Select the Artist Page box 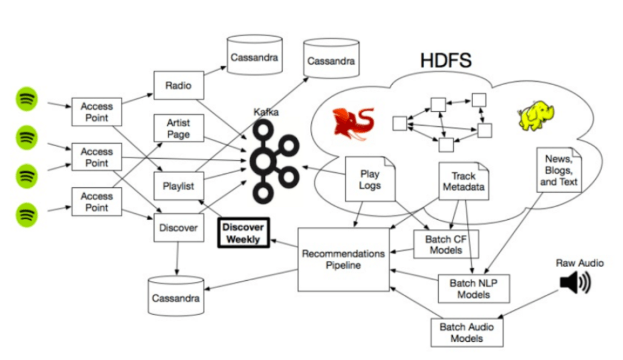click(178, 129)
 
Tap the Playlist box click(178, 185)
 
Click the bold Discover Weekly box click(243, 233)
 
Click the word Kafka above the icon click(267, 112)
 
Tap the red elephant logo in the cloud click(353, 123)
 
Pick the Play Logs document click(369, 179)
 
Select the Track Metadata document click(463, 181)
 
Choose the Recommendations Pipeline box click(343, 259)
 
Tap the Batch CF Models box click(446, 245)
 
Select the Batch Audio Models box click(466, 332)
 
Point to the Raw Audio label click(579, 263)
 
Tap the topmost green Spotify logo click(27, 99)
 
